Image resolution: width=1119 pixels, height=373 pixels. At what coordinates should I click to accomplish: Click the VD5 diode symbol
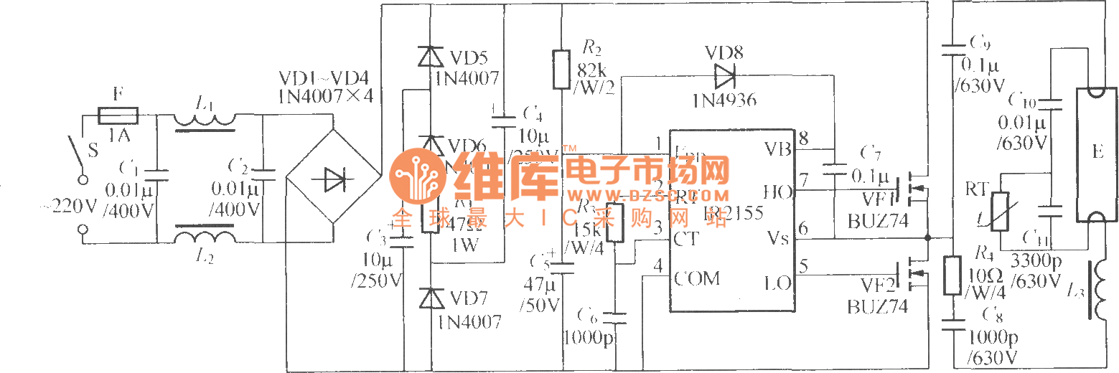click(431, 56)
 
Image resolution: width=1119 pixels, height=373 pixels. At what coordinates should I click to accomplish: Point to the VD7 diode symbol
click(431, 297)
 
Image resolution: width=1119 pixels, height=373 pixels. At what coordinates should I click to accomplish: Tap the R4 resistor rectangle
click(952, 275)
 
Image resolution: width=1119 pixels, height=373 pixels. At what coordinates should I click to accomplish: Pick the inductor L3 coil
click(1095, 291)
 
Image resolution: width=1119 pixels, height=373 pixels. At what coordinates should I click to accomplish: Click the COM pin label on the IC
click(697, 278)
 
